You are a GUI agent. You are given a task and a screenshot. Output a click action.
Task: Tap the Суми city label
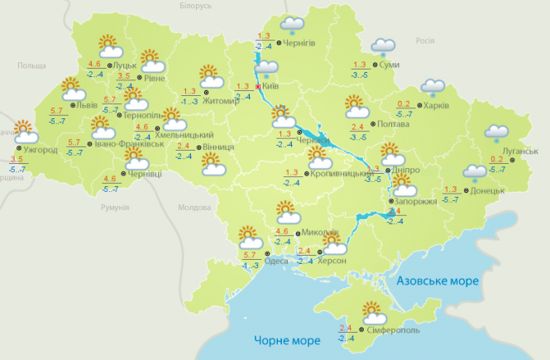pyautogui.click(x=390, y=64)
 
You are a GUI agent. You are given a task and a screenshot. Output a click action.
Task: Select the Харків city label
pyautogui.click(x=436, y=105)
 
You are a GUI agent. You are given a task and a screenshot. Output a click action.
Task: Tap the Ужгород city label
pyautogui.click(x=40, y=151)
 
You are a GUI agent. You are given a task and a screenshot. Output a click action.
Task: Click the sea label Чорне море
pyautogui.click(x=272, y=340)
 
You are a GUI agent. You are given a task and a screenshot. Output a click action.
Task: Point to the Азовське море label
pyautogui.click(x=437, y=281)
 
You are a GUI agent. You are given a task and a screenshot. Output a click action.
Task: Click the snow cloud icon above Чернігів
pyautogui.click(x=291, y=25)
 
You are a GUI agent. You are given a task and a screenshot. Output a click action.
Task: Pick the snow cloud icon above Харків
pyautogui.click(x=432, y=86)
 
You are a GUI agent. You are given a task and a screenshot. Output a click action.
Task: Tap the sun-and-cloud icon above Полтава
pyautogui.click(x=356, y=107)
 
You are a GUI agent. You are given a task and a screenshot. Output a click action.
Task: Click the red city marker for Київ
pyautogui.click(x=258, y=85)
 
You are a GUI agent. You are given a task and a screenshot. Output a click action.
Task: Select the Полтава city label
pyautogui.click(x=393, y=124)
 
